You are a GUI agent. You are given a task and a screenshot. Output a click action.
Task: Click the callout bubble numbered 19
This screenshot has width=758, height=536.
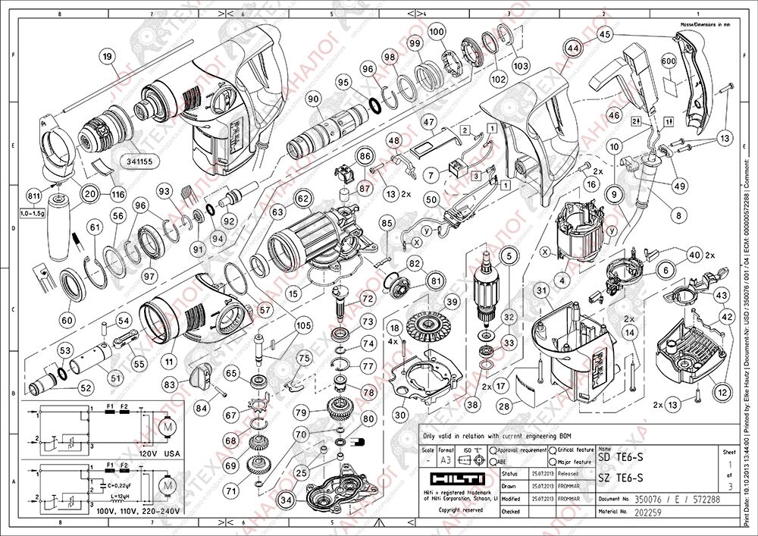107,55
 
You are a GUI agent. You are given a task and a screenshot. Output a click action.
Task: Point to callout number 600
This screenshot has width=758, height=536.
668,61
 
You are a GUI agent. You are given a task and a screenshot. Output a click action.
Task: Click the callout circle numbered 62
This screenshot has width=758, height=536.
304,199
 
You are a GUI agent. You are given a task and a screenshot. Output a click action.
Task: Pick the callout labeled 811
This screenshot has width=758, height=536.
33,196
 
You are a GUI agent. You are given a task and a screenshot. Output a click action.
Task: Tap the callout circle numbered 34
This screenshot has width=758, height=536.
287,500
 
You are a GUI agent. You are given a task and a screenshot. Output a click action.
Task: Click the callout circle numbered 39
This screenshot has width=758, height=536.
452,302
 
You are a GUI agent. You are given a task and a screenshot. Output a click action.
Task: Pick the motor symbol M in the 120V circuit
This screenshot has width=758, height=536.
164,428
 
